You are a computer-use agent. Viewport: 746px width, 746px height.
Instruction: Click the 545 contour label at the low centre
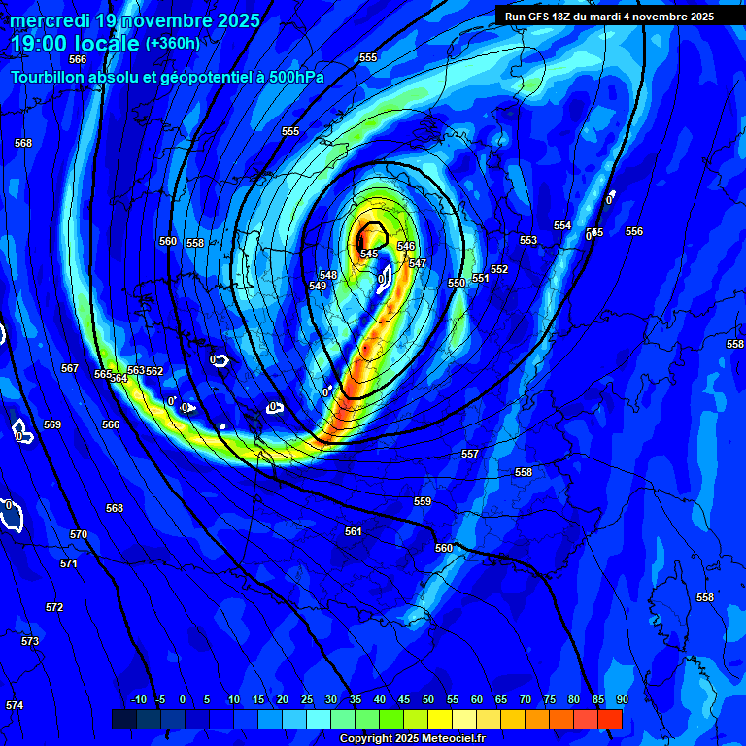pyautogui.click(x=369, y=254)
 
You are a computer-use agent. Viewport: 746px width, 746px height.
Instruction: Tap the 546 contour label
pyautogui.click(x=406, y=247)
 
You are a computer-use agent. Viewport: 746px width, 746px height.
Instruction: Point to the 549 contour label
pyautogui.click(x=318, y=286)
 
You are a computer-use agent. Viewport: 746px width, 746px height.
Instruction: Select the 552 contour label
pyautogui.click(x=499, y=269)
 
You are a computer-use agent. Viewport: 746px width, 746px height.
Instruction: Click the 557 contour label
pyautogui.click(x=470, y=454)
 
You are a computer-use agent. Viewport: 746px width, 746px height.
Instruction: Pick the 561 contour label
pyautogui.click(x=354, y=531)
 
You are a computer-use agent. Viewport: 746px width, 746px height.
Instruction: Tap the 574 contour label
pyautogui.click(x=14, y=705)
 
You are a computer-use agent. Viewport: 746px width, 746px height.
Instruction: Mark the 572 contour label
pyautogui.click(x=54, y=607)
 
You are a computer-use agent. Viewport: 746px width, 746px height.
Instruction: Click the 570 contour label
pyautogui.click(x=79, y=534)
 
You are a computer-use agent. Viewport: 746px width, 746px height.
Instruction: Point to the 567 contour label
pyautogui.click(x=70, y=368)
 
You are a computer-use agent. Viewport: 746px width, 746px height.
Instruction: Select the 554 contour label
pyautogui.click(x=562, y=225)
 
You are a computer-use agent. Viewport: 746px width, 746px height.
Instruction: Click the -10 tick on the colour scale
pyautogui.click(x=138, y=699)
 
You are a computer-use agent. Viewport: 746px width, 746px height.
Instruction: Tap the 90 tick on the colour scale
pyautogui.click(x=622, y=699)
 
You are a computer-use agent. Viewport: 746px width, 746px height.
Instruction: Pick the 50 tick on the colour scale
pyautogui.click(x=428, y=699)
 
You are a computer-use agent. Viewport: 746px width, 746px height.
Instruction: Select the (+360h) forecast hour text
pyautogui.click(x=173, y=43)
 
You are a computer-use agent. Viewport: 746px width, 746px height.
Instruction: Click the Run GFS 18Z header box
pyautogui.click(x=609, y=17)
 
